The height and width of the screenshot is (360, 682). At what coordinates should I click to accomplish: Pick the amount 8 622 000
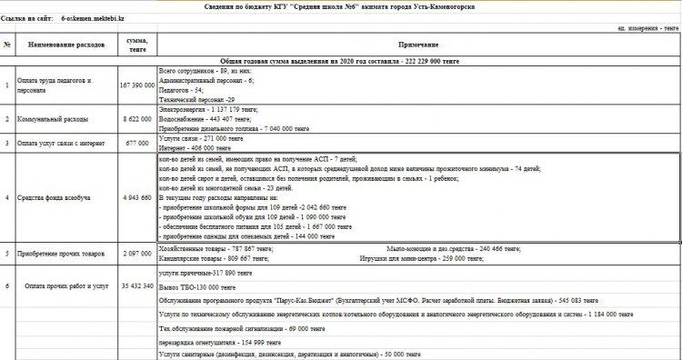(x=137, y=119)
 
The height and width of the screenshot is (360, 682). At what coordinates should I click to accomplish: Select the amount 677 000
(x=137, y=143)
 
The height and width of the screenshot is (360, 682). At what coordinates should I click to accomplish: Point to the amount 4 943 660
(x=137, y=197)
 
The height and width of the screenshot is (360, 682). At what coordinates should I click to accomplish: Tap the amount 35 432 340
(x=137, y=285)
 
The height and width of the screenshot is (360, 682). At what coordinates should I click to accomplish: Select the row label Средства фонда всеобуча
(x=57, y=197)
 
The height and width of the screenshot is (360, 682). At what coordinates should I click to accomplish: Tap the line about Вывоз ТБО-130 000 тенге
(x=196, y=285)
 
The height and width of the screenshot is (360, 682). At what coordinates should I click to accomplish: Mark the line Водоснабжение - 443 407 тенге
(x=211, y=119)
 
